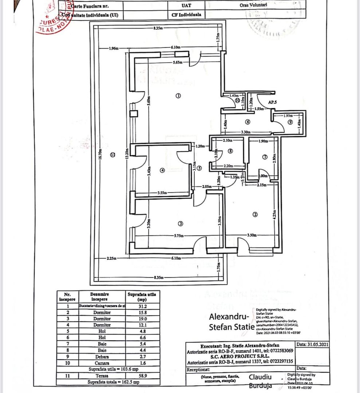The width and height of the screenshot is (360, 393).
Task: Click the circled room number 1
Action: click(x=178, y=96)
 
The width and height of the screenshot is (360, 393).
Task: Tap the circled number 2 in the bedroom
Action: click(x=255, y=215)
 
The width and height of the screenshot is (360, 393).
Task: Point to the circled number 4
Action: click(x=162, y=170)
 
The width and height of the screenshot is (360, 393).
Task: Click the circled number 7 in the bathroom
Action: click(x=265, y=157)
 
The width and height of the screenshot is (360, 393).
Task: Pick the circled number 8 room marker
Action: click(x=230, y=150)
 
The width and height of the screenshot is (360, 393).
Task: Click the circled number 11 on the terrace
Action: click(x=112, y=154)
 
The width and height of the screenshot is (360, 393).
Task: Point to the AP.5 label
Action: click(x=273, y=103)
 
